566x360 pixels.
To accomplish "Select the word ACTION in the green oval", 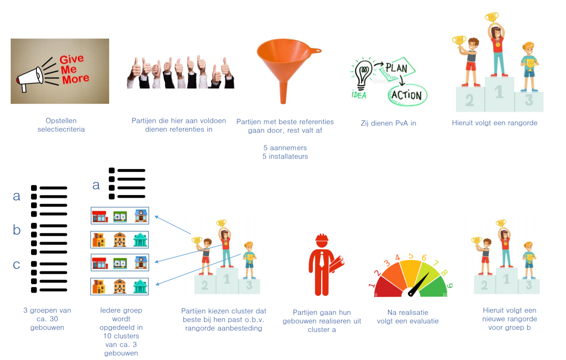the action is pos(407,95).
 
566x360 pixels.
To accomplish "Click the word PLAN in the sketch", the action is pos(397,68).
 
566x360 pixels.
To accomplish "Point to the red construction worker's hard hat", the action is pos(322,238).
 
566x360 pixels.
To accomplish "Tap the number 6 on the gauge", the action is pos(424,257).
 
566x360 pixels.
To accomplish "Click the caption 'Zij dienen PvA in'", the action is pos(388,123).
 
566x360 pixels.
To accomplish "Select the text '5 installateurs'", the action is pos(285,156).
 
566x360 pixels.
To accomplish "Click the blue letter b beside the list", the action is pos(17,230).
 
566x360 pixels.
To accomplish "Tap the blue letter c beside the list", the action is pos(16,264).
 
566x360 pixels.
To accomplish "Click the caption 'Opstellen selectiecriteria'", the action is pos(61,125).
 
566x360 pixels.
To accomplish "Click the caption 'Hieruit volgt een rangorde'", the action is pos(494,123).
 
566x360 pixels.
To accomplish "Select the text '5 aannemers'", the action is pos(285,148).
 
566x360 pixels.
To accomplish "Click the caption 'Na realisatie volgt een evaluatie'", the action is pos(408,317).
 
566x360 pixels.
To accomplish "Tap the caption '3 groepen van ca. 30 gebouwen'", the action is pos(47,319).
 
